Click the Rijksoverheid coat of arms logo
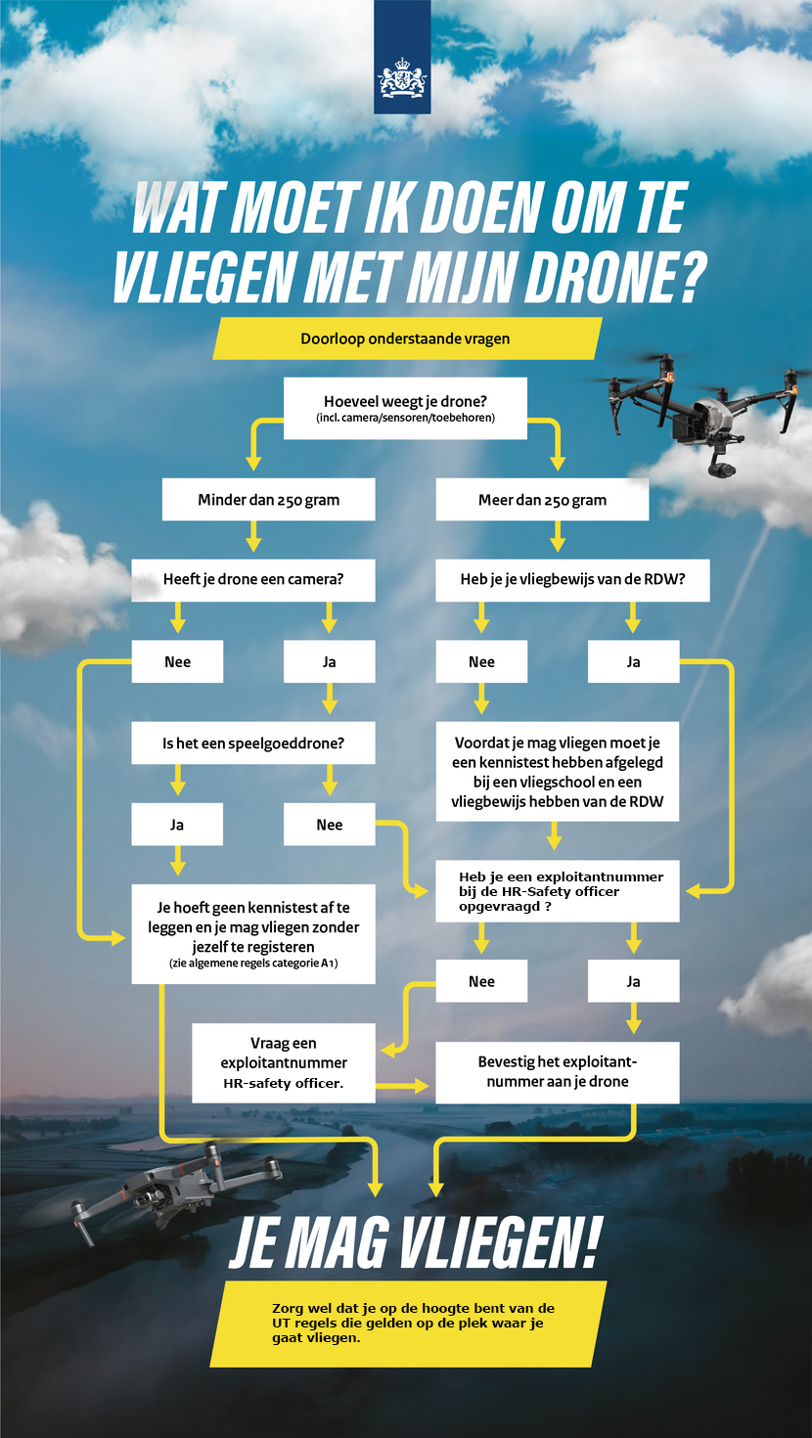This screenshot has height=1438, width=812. pos(402,78)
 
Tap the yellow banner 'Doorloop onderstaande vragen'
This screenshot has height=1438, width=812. pos(407,338)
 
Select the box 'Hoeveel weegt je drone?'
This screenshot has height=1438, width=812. pos(405,408)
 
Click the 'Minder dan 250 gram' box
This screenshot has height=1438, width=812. pos(268,500)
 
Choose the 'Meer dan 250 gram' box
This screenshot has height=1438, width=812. pos(542,500)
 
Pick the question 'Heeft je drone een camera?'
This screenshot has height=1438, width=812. pos(253,580)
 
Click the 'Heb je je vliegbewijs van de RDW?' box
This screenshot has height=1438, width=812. pos(572,580)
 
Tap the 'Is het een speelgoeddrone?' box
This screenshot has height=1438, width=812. pos(253,743)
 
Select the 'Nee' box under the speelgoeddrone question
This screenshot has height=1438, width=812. pos(330,825)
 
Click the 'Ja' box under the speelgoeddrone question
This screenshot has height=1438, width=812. pos(177,825)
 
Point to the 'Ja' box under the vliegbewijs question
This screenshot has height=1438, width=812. pos(634,661)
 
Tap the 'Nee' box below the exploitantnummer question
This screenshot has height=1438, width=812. pos(481,981)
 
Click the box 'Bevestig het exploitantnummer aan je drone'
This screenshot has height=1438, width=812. pos(558,1072)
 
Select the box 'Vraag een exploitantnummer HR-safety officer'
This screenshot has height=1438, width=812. pos(284,1063)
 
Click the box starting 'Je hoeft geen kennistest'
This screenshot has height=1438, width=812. pos(253,934)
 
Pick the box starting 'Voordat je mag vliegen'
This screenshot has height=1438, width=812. pos(558,772)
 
